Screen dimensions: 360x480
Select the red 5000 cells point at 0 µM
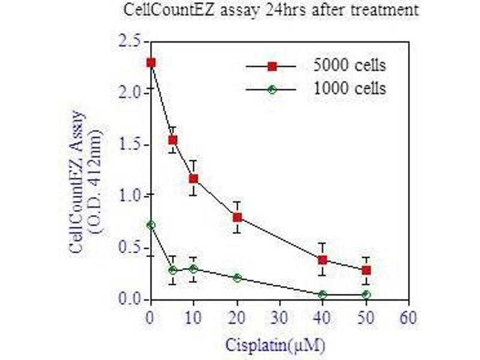pyautogui.click(x=151, y=62)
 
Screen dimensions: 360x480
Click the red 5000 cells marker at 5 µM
pyautogui.click(x=173, y=140)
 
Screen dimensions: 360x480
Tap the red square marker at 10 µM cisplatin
pyautogui.click(x=193, y=179)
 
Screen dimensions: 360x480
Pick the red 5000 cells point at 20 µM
pyautogui.click(x=237, y=217)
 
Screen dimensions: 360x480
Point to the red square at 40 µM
pyautogui.click(x=323, y=260)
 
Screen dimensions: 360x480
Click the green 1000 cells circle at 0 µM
pyautogui.click(x=151, y=225)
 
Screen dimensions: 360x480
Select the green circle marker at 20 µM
pyautogui.click(x=237, y=278)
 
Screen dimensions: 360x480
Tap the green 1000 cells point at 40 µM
pyautogui.click(x=323, y=295)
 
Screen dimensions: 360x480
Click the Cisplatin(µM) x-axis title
pyautogui.click(x=277, y=345)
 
